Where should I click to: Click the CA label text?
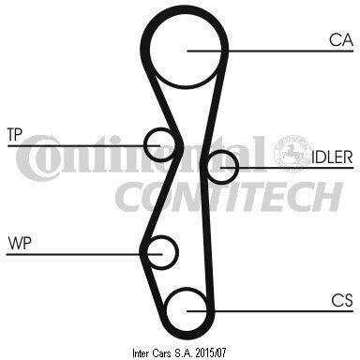[341, 40]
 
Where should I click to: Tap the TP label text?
[15, 134]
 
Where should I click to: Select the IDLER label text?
[332, 157]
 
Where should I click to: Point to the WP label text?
[20, 243]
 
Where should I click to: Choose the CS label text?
[342, 300]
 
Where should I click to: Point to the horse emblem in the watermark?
[292, 153]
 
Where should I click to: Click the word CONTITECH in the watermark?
[229, 197]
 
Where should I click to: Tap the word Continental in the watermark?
[141, 157]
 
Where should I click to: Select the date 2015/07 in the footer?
[210, 353]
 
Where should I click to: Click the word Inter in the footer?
[142, 353]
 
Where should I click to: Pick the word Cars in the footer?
[161, 353]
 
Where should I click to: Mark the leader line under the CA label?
[270, 51]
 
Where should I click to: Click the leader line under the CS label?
[270, 311]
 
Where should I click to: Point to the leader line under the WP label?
[84, 254]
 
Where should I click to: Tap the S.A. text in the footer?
[183, 353]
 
